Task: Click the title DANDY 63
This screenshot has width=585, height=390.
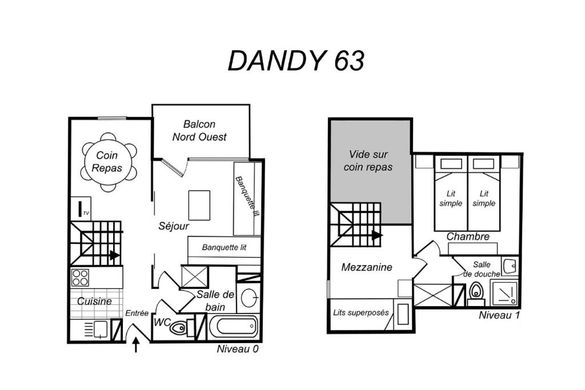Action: click(x=296, y=61)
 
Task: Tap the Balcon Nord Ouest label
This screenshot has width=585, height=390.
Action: click(x=199, y=131)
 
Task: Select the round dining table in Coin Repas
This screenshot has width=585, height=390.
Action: click(x=107, y=162)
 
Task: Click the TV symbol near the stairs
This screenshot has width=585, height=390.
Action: click(x=81, y=209)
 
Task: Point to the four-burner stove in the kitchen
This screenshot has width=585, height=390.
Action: click(x=80, y=278)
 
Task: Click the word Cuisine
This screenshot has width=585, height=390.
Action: click(x=94, y=301)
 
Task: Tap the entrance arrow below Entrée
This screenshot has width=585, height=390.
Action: click(x=136, y=344)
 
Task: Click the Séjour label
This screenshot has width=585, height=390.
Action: click(x=174, y=226)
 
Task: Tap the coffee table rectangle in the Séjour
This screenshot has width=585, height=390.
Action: click(x=199, y=206)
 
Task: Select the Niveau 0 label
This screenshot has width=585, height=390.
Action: click(x=238, y=349)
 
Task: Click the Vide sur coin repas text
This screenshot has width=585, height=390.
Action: click(x=368, y=160)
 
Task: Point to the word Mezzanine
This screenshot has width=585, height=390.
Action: click(x=367, y=267)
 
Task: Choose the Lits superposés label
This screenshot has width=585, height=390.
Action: click(x=361, y=313)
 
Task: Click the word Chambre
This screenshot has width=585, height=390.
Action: click(x=468, y=236)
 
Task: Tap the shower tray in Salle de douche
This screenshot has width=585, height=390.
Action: click(x=504, y=293)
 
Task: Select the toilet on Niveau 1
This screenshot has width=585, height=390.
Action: click(x=476, y=294)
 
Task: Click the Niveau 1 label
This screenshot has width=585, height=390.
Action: click(x=499, y=315)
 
